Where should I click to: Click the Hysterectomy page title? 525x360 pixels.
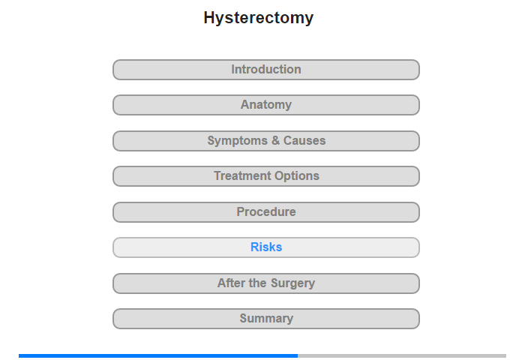[259, 18]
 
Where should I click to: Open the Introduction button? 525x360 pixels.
[266, 70]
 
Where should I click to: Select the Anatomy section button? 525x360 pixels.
[266, 105]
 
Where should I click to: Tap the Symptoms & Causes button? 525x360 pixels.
[266, 141]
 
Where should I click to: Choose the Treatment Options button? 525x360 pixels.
[266, 176]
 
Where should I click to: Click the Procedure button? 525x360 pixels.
[266, 212]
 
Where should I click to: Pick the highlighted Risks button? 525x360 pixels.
[266, 247]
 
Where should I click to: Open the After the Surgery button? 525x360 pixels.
[266, 283]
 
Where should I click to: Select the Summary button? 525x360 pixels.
[266, 319]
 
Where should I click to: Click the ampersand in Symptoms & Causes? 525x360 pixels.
[275, 140]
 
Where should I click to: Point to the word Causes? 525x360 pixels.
[304, 140]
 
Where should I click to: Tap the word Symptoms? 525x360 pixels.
[238, 141]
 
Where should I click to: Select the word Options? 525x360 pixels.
[293, 176]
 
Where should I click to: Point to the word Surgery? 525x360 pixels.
[292, 283]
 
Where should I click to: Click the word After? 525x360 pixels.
[231, 283]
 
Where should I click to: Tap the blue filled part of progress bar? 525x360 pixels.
[158, 355]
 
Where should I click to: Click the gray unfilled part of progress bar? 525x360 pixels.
[402, 355]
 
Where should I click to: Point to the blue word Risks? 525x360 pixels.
[266, 247]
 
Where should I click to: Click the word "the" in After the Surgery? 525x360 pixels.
[258, 283]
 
